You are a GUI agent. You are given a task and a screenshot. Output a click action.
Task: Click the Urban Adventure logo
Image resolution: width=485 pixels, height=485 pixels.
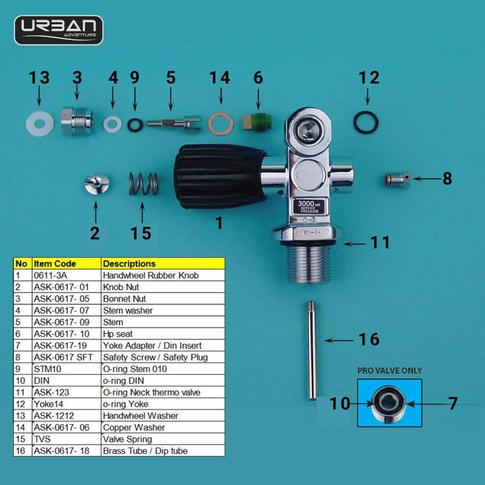(x=58, y=30)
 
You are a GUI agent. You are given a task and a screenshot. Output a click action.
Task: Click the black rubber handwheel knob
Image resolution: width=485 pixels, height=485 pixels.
(x=220, y=177)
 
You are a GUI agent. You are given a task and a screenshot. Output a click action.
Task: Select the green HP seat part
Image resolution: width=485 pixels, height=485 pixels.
(x=257, y=122)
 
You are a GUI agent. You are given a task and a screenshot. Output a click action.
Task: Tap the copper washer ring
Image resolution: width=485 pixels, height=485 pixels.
(x=220, y=124)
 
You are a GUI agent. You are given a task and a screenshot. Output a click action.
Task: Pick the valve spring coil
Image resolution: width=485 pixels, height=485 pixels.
(x=143, y=184)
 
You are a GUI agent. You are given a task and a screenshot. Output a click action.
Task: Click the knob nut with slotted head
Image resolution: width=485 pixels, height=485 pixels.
(x=97, y=184)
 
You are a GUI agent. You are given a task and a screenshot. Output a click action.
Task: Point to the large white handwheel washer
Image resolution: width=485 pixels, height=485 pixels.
(x=39, y=124)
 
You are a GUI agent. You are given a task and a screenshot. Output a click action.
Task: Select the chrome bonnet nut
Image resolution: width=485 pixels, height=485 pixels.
(x=77, y=121)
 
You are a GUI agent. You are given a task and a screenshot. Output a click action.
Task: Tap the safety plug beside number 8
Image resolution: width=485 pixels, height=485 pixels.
(x=398, y=179)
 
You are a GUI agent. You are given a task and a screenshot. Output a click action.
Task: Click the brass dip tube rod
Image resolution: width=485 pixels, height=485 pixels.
(x=312, y=351)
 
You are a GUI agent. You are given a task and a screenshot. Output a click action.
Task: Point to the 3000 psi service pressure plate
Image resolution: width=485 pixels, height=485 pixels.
(x=309, y=206)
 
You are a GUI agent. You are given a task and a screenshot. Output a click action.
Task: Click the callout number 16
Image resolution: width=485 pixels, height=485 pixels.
(x=369, y=339)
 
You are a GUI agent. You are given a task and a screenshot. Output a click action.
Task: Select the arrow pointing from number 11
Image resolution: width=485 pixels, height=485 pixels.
(x=355, y=244)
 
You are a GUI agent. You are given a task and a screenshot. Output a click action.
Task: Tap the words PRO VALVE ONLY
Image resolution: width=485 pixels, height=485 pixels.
(x=389, y=371)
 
